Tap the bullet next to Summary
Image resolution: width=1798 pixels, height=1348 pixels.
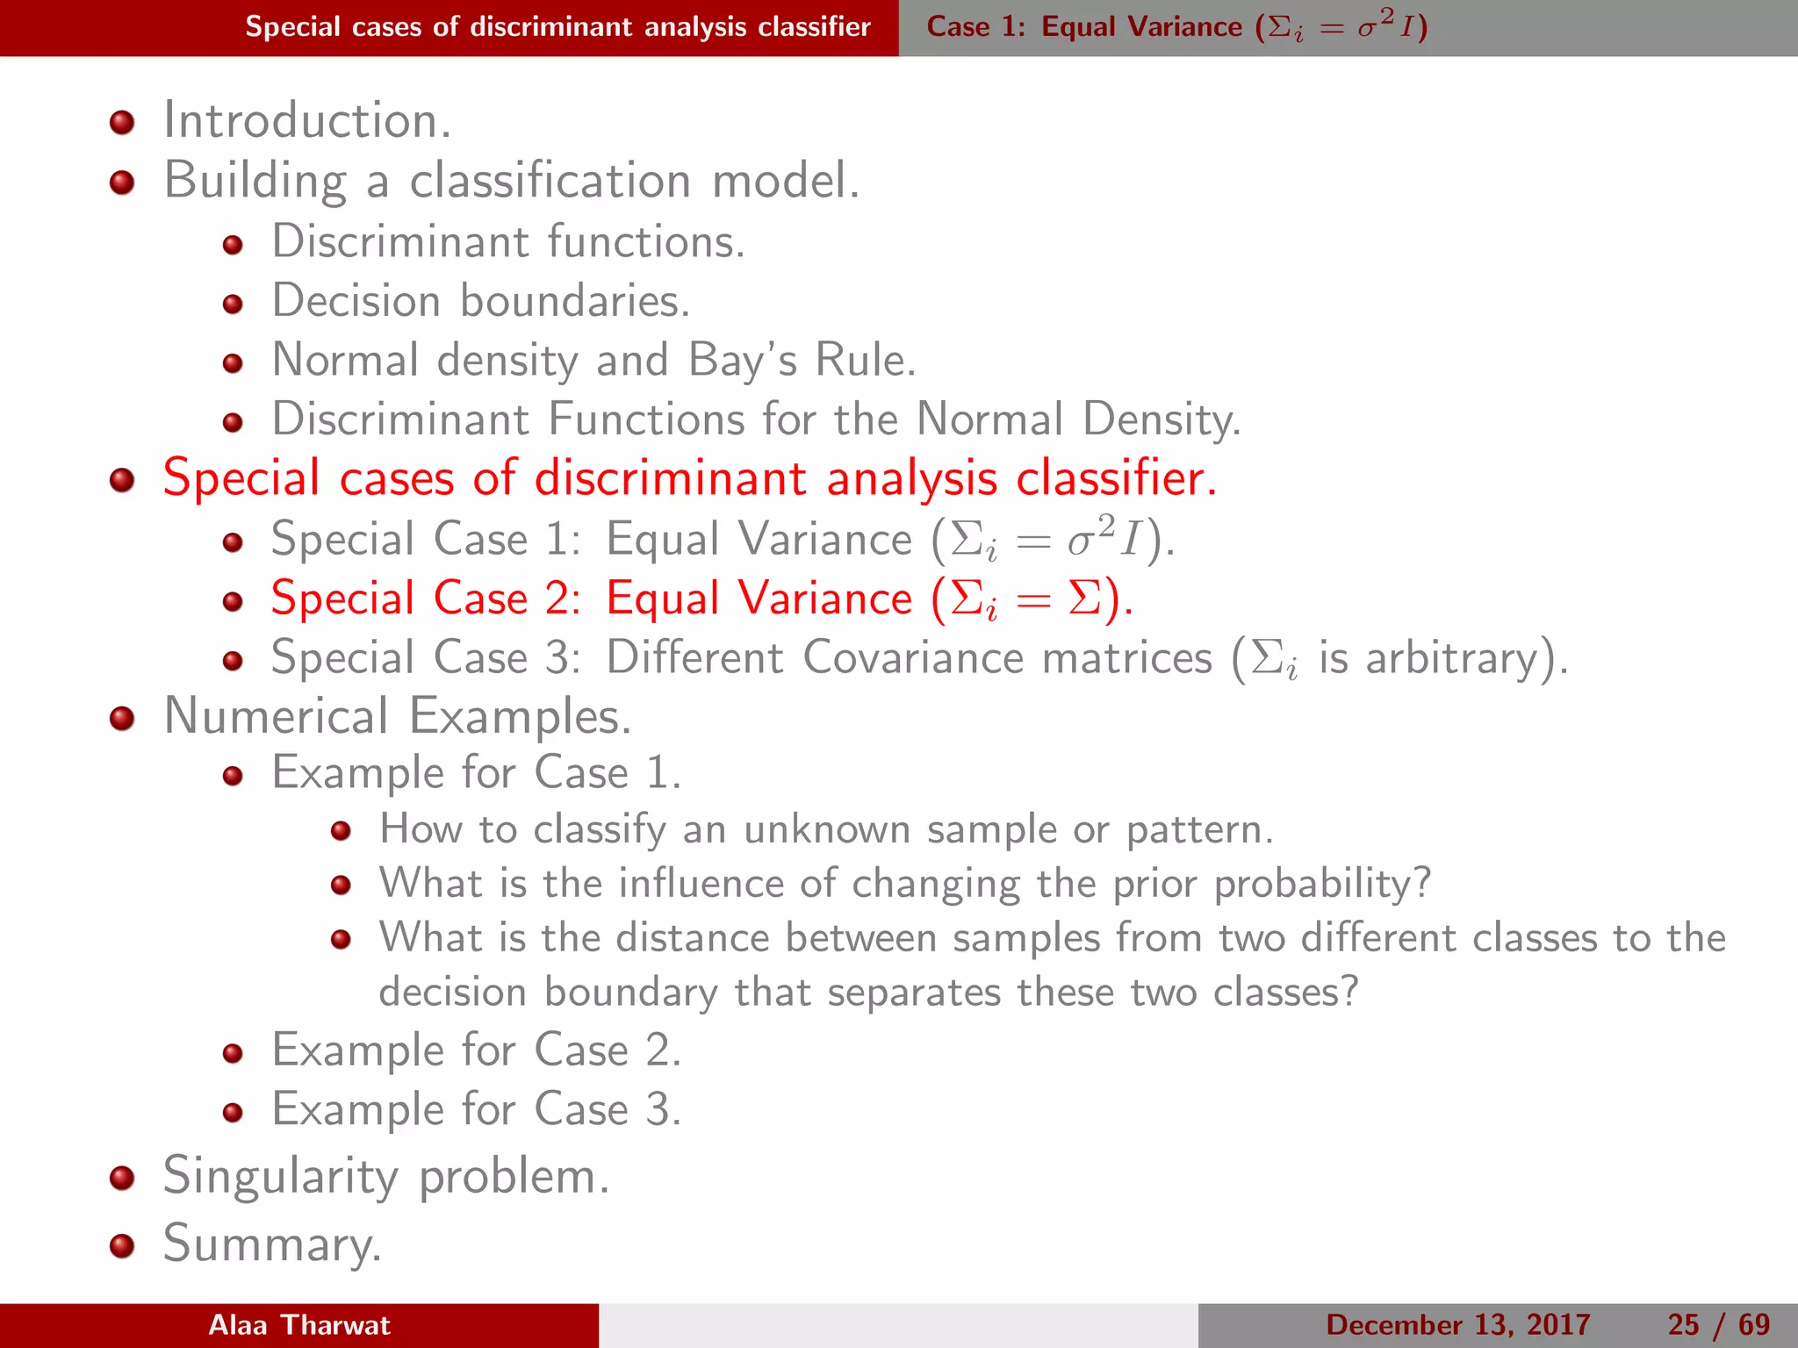pos(122,1245)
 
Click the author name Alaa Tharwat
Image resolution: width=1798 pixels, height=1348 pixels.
pos(299,1325)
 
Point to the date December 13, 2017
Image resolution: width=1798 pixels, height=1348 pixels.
pos(1457,1325)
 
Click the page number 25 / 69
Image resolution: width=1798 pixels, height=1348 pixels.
pos(1718,1325)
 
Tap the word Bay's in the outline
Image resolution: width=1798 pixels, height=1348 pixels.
pos(742,361)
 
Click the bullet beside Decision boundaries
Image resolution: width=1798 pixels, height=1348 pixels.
pos(233,304)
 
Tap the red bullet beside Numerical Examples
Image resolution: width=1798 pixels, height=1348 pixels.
pos(122,719)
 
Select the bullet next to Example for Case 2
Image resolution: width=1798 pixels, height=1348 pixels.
pos(233,1053)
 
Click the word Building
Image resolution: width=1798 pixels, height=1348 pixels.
pos(255,182)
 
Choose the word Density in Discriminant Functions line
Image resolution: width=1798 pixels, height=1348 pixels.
pos(1161,419)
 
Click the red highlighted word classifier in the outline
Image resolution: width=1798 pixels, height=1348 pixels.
pos(1115,479)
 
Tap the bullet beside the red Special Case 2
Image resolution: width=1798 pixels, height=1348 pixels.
pos(233,601)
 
